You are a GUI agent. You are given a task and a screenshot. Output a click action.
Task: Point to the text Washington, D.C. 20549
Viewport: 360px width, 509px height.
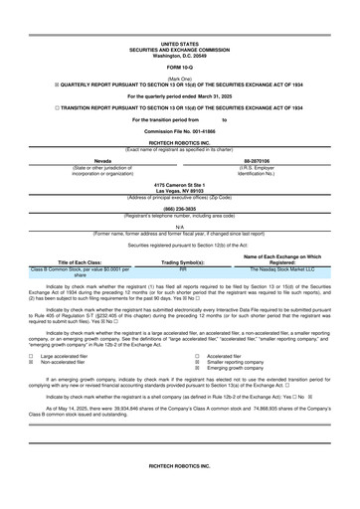[x=180, y=55]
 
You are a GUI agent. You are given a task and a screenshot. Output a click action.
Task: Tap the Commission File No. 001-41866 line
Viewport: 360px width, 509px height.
[x=180, y=131]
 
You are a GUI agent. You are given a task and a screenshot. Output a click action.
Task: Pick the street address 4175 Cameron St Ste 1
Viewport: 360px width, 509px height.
[x=180, y=185]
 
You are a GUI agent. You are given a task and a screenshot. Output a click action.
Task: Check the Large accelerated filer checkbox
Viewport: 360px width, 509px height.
[x=34, y=354]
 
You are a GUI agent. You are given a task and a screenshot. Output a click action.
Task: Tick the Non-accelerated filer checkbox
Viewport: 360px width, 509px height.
[x=34, y=360]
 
